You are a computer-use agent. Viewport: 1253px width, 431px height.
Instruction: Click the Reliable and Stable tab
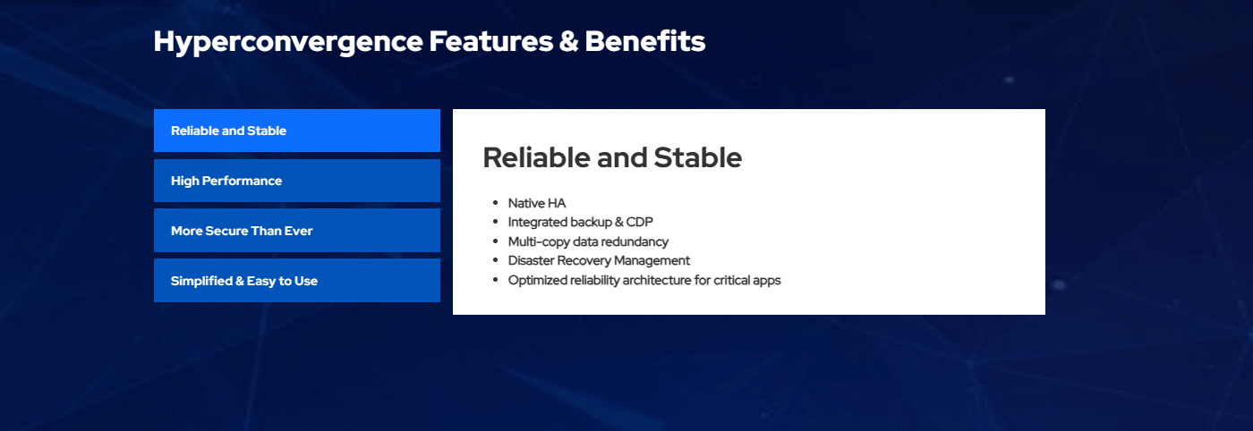coord(297,131)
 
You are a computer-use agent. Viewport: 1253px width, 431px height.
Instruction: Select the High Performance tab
coord(297,181)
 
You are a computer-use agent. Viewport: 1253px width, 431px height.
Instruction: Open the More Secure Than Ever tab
coord(297,231)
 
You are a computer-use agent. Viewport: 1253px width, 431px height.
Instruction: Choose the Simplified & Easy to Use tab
coord(297,281)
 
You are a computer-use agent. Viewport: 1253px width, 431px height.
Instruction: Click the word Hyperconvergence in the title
coord(288,43)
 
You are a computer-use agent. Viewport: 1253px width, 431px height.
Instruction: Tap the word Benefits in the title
coord(645,41)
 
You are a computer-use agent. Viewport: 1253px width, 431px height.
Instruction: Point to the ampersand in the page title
coord(569,41)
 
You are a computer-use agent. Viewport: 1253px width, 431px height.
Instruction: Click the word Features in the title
coord(491,41)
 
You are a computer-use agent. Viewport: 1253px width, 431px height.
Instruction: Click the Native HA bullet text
coord(536,203)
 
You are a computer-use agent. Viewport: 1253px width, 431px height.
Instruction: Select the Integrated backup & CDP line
coord(580,222)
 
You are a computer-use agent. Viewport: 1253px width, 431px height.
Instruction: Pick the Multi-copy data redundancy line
coord(588,241)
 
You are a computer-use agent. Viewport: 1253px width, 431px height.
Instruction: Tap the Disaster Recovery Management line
coord(599,260)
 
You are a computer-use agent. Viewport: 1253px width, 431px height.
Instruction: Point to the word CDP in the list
coord(639,222)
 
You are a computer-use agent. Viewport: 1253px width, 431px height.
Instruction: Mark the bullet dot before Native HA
coord(495,203)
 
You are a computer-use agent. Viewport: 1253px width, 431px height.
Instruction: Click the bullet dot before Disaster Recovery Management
coord(495,260)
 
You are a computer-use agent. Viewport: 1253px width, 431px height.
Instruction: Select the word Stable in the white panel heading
coord(697,157)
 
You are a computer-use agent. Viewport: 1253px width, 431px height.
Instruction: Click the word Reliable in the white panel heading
coord(536,157)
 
